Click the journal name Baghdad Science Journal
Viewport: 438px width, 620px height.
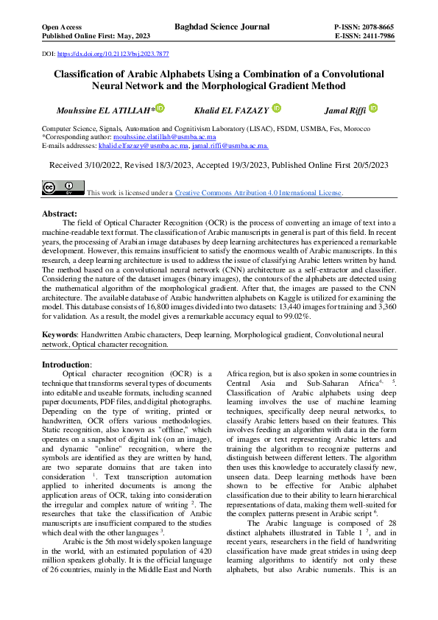pyautogui.click(x=222, y=27)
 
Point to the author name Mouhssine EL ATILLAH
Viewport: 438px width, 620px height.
pyautogui.click(x=104, y=110)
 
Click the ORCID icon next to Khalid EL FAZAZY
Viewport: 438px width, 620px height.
pyautogui.click(x=276, y=109)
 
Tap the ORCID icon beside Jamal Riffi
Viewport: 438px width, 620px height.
pyautogui.click(x=372, y=109)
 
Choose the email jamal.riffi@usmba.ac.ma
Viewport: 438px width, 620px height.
pyautogui.click(x=230, y=146)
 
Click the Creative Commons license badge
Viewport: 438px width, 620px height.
pyautogui.click(x=63, y=189)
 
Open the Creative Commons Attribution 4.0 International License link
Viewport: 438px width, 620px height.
pyautogui.click(x=258, y=193)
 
